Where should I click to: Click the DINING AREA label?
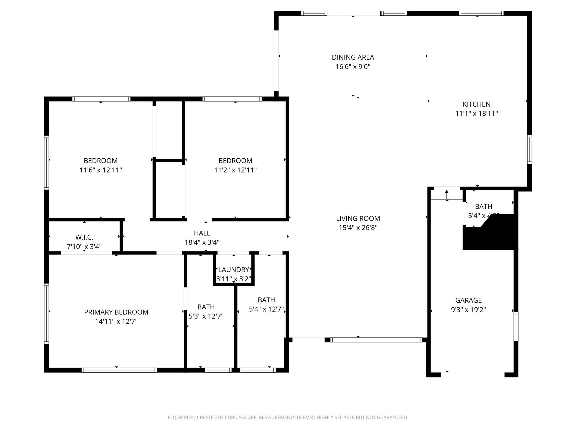(353, 57)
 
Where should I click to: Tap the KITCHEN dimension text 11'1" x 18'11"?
(476, 114)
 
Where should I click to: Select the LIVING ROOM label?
(358, 218)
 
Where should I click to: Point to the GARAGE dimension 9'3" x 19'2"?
(468, 310)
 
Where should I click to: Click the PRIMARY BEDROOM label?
(116, 312)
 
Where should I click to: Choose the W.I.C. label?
(84, 237)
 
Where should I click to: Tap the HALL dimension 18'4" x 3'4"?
(202, 242)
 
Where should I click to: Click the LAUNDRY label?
(233, 270)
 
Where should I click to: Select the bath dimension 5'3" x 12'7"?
(206, 316)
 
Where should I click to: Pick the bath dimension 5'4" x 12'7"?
(266, 309)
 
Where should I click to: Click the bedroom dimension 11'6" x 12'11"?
(101, 170)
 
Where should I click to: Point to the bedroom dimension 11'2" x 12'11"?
(235, 170)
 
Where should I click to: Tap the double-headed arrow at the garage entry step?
(447, 195)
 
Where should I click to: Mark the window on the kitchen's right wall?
(529, 149)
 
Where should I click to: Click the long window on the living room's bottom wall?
(376, 340)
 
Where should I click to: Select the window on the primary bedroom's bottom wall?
(119, 370)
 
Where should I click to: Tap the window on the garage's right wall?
(516, 326)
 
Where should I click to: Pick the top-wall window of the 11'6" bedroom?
(101, 99)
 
